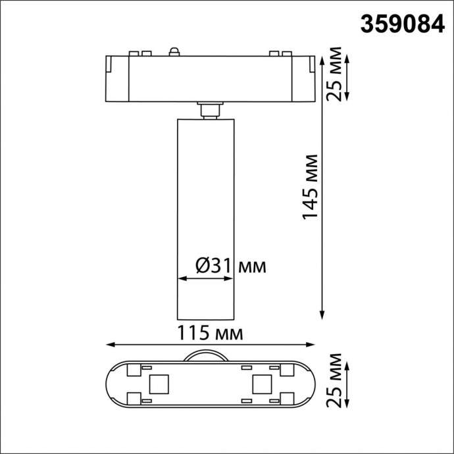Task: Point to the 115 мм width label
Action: coord(211,333)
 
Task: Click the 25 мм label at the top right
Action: coord(336,74)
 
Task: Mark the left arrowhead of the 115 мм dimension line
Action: coord(111,344)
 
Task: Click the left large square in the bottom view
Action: coord(160,382)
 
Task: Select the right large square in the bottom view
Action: coord(262,382)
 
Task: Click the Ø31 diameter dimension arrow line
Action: coord(206,279)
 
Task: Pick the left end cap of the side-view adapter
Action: coord(116,77)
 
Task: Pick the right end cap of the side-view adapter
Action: coord(303,77)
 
